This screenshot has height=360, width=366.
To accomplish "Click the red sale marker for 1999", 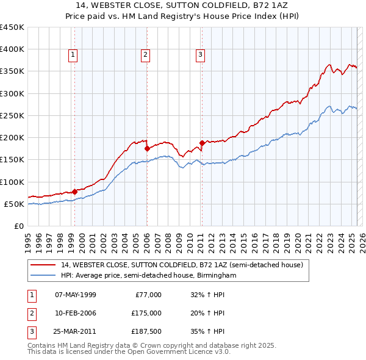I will tap(74, 192).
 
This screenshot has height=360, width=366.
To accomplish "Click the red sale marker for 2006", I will tap(147, 148).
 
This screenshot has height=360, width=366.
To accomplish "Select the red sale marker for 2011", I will tap(202, 143).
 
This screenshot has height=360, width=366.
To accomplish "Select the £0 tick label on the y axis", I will tap(18, 226).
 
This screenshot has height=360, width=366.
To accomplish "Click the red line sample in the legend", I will tap(45, 265).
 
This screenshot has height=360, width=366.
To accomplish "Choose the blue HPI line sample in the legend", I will tap(45, 275).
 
